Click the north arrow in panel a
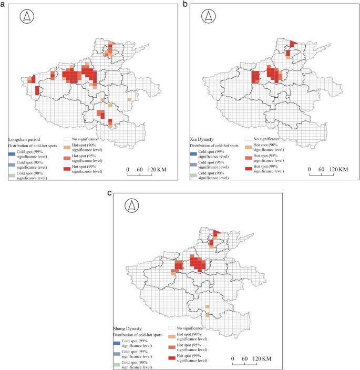[x=27, y=17]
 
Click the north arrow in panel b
[x=209, y=17]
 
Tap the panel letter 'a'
[x=4, y=4]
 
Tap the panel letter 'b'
[x=185, y=4]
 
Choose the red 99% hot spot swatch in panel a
[x=66, y=169]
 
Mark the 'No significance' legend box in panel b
[x=248, y=139]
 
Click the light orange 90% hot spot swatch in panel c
[x=171, y=336]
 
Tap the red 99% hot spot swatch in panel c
[x=171, y=358]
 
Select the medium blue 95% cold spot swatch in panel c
[x=117, y=354]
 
